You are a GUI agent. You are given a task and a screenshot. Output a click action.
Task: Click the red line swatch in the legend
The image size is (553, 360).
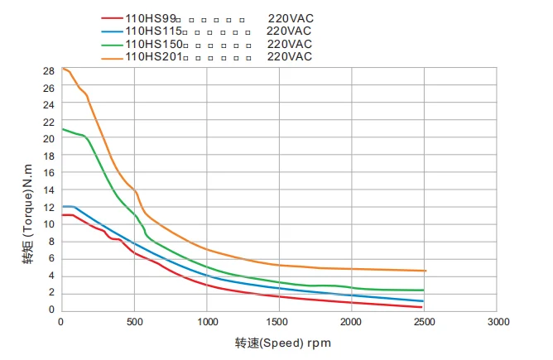pyautogui.click(x=112, y=18)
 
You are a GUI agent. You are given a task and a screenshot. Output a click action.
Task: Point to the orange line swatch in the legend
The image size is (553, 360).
pyautogui.click(x=112, y=57)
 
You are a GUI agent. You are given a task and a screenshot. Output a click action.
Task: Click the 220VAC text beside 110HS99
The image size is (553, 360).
pyautogui.click(x=290, y=18)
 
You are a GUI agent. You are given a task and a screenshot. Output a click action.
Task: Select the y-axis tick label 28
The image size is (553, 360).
pyautogui.click(x=49, y=70)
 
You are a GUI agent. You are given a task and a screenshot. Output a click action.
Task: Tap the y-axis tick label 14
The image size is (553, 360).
pyautogui.click(x=49, y=190)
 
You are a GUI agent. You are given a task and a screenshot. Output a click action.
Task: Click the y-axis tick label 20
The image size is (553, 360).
pyautogui.click(x=49, y=139)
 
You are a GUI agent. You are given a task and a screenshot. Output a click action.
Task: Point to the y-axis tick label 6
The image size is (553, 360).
pyautogui.click(x=51, y=259)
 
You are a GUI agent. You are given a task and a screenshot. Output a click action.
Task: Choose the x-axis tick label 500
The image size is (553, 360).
pyautogui.click(x=134, y=322)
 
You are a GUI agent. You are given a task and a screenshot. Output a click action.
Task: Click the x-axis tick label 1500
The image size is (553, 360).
pyautogui.click(x=279, y=322)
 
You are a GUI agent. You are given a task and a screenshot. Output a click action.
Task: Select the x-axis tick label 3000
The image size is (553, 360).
pyautogui.click(x=497, y=322)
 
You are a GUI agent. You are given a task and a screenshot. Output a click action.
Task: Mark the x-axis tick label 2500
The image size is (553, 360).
pyautogui.click(x=424, y=322)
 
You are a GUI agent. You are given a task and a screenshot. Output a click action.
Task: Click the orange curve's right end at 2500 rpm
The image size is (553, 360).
pyautogui.click(x=424, y=271)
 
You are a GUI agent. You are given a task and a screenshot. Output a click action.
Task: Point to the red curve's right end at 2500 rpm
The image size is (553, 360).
pyautogui.click(x=422, y=307)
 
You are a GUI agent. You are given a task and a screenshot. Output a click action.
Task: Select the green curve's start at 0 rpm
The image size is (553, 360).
pyautogui.click(x=62, y=129)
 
